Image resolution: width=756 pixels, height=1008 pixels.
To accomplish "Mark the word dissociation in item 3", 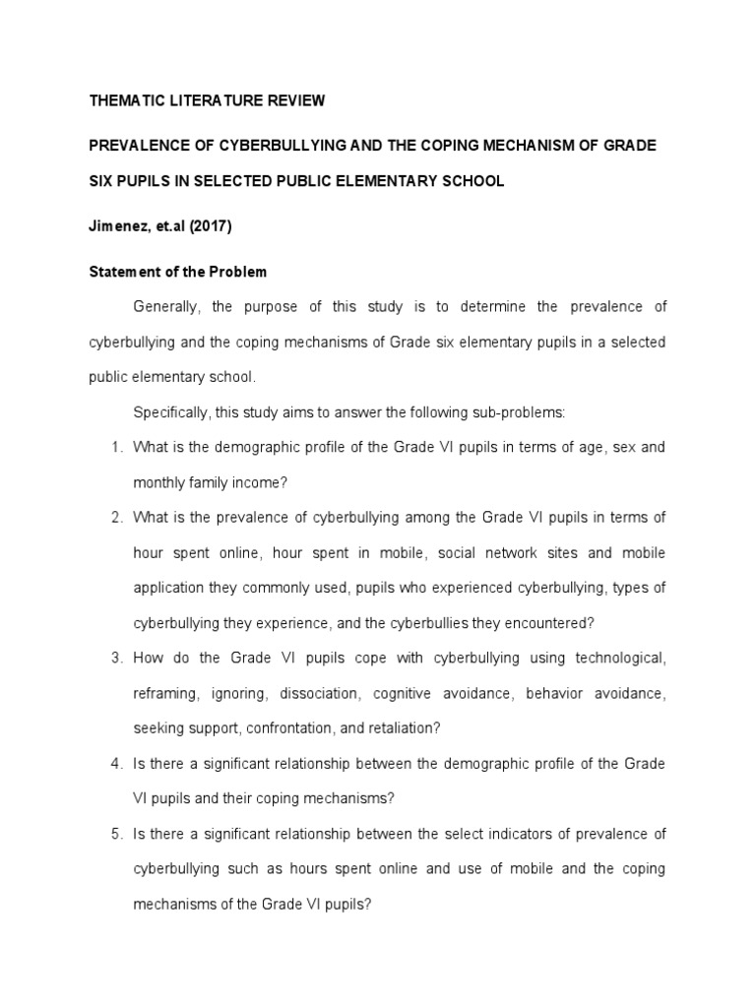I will pos(319,694).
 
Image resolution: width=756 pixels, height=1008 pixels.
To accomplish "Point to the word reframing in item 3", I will pos(166,694).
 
